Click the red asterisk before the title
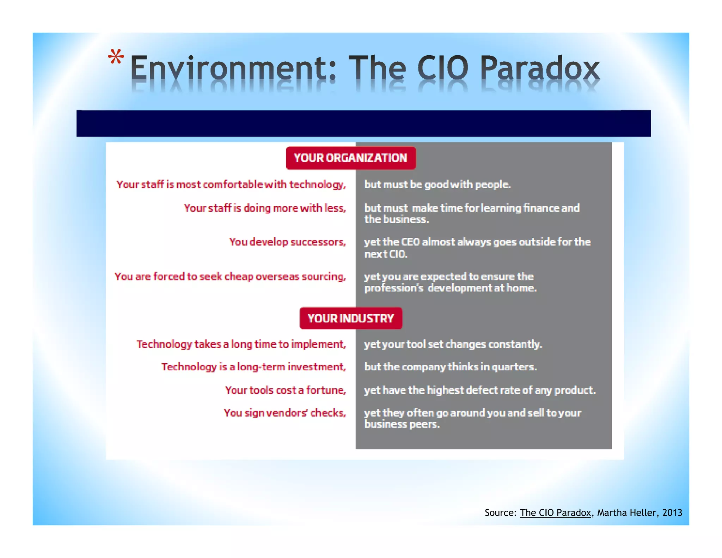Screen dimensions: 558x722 116,57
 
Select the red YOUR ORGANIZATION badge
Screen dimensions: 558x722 351,158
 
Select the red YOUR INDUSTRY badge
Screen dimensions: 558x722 351,318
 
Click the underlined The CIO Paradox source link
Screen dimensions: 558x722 555,512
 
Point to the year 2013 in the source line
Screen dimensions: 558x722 672,512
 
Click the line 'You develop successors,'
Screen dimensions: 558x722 288,242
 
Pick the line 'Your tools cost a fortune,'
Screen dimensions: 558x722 286,390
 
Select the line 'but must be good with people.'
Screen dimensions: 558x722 437,184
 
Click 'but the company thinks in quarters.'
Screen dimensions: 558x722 450,367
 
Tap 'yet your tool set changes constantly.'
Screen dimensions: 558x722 453,344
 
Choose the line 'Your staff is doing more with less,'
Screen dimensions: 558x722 265,208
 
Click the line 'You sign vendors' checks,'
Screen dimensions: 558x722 285,413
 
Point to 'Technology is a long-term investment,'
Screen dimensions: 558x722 254,367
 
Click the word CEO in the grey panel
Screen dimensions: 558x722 411,242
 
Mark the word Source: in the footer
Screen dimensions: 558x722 501,512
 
